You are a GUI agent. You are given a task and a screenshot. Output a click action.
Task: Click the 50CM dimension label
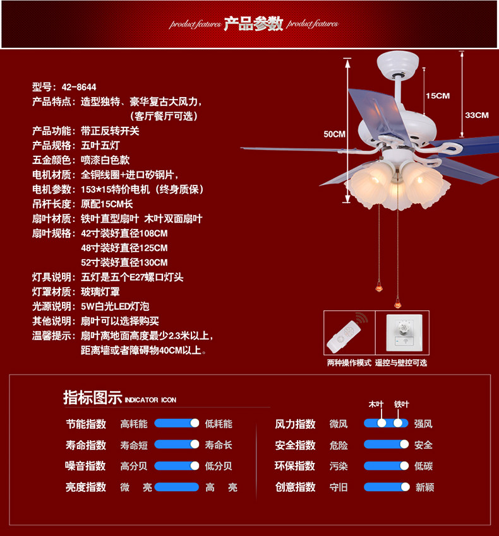(334, 134)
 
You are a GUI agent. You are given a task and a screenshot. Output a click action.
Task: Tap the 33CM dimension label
(477, 115)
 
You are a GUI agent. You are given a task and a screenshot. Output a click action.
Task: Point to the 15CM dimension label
(437, 96)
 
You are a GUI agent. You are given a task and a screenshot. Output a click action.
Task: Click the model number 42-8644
(79, 87)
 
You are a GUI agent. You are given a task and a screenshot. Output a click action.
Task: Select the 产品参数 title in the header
(254, 24)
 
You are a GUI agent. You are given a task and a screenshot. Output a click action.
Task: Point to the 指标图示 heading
(92, 398)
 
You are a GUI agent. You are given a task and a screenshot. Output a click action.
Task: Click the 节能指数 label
(86, 424)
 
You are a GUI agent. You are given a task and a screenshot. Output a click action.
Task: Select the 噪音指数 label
(86, 466)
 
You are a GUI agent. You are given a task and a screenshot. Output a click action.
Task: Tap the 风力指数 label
(295, 424)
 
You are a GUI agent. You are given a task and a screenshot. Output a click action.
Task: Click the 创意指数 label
(295, 487)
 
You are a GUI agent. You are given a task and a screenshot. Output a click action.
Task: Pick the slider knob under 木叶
(382, 424)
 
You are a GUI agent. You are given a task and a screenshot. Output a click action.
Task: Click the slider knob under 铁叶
(398, 424)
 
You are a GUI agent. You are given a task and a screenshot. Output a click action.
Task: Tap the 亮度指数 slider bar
(177, 487)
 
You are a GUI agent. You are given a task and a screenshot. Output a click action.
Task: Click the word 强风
(423, 424)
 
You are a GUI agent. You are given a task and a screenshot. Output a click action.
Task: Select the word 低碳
(423, 466)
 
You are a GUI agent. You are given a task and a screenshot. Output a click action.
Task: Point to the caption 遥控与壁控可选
(401, 363)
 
